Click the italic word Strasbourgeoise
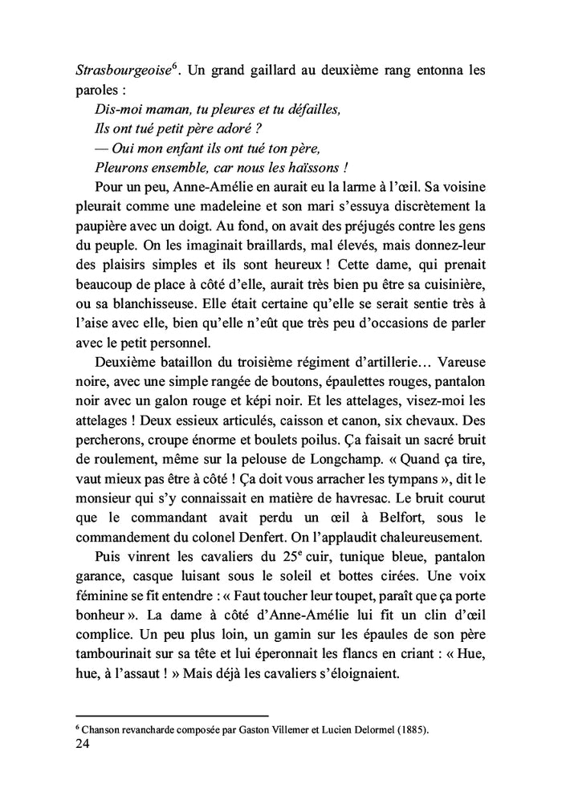[121, 71]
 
